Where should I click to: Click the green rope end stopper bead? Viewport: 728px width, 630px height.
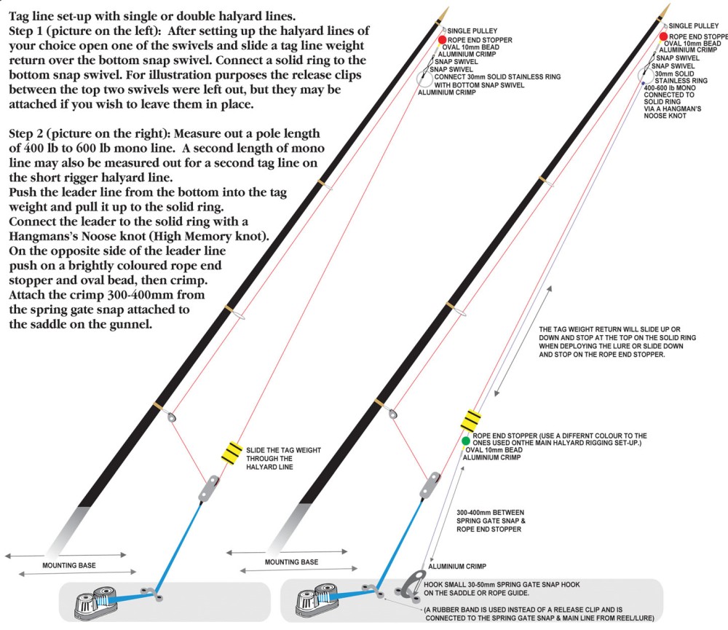(x=465, y=441)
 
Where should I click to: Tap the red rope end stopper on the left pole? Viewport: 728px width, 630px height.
(x=441, y=39)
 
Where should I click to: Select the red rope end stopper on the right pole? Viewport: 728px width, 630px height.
(x=663, y=36)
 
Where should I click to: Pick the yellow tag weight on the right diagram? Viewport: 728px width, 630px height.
(x=471, y=420)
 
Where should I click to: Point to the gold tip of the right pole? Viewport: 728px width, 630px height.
(x=666, y=12)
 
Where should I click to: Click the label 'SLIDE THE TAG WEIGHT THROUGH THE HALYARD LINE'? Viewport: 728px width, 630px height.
(x=283, y=458)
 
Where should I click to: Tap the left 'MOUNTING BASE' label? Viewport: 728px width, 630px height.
(x=69, y=565)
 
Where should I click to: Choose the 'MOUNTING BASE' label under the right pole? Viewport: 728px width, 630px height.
(x=291, y=562)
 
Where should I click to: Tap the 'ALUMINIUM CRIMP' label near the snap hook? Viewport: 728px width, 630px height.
(x=456, y=566)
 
